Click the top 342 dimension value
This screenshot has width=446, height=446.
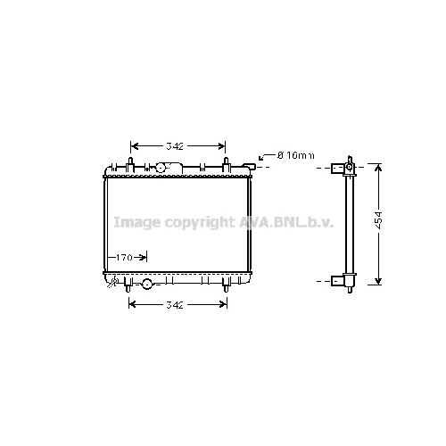175,146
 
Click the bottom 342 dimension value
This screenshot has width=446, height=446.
175,305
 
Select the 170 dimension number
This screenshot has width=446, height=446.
124,257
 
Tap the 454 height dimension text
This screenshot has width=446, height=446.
378,220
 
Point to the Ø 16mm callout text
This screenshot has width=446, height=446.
295,155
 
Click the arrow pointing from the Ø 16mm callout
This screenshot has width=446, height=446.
267,157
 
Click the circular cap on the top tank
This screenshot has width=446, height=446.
161,168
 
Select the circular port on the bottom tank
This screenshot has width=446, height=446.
147,284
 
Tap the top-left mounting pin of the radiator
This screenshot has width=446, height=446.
130,165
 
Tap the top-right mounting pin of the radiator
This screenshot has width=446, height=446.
226,165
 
